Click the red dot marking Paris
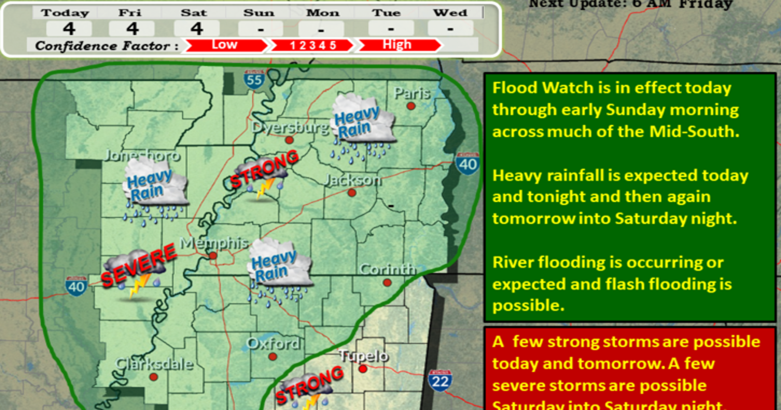click(x=411, y=106)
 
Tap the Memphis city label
click(x=214, y=243)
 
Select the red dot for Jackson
click(x=352, y=193)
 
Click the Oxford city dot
click(x=273, y=357)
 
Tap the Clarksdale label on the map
click(x=154, y=364)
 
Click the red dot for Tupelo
click(x=363, y=369)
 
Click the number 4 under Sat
click(x=197, y=29)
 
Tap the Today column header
click(x=65, y=13)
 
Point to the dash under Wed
click(x=450, y=29)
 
